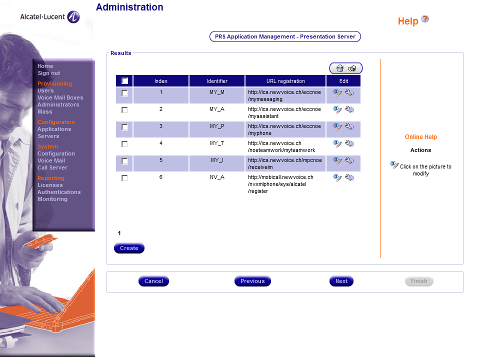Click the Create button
[129, 248]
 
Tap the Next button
[342, 281]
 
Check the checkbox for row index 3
[124, 127]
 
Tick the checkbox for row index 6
[124, 177]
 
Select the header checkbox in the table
[124, 81]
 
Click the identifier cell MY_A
[218, 110]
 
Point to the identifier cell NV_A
[218, 177]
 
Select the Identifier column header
[217, 81]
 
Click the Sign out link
[49, 73]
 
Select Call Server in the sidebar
[54, 167]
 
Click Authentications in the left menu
[59, 192]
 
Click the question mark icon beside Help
[425, 19]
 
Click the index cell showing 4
[161, 143]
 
